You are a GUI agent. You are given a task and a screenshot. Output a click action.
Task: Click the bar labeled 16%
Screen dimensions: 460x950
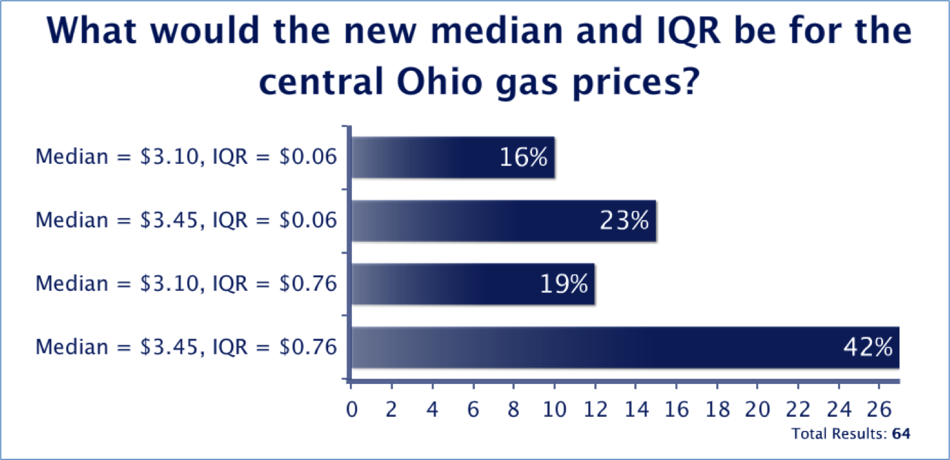(453, 158)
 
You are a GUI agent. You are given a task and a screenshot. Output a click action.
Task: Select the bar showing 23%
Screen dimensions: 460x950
(504, 221)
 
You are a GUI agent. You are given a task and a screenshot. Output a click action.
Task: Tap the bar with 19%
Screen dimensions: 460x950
(473, 284)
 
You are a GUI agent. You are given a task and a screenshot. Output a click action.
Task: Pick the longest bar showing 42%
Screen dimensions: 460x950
(625, 347)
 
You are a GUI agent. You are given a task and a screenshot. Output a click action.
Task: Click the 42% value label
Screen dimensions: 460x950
(867, 347)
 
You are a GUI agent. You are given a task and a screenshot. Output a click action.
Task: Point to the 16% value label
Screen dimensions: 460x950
(523, 158)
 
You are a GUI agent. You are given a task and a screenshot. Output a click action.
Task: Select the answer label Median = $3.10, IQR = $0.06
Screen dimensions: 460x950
(186, 158)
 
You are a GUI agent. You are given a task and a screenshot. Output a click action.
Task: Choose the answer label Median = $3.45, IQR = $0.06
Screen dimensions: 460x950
(186, 221)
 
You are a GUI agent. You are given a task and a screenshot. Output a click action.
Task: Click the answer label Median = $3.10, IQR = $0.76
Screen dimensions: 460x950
(186, 284)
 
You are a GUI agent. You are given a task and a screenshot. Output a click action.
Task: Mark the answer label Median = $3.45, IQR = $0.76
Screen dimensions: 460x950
(186, 347)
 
